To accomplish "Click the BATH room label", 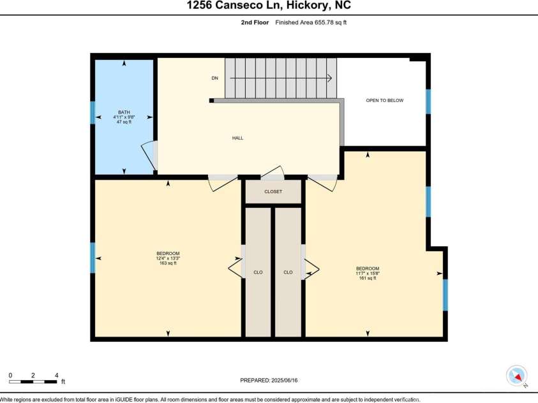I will click(x=124, y=112).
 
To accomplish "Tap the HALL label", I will click(x=237, y=138).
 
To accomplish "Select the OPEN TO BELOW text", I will click(x=384, y=101).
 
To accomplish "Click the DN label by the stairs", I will click(x=215, y=78).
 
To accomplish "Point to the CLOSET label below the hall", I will click(x=273, y=191).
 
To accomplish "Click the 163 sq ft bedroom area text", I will click(x=168, y=263).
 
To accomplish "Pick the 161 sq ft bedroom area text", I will click(x=368, y=278).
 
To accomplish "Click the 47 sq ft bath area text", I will click(x=124, y=122).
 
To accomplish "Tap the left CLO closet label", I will click(x=258, y=272).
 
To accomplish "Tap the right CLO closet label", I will click(x=288, y=272).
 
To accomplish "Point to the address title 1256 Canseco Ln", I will click(x=269, y=6).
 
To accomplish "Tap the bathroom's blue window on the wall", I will click(x=93, y=112).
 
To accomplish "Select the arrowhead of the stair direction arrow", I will click(x=329, y=78).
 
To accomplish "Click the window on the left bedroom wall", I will click(x=93, y=258).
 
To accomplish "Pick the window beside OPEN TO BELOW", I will click(x=428, y=101).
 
